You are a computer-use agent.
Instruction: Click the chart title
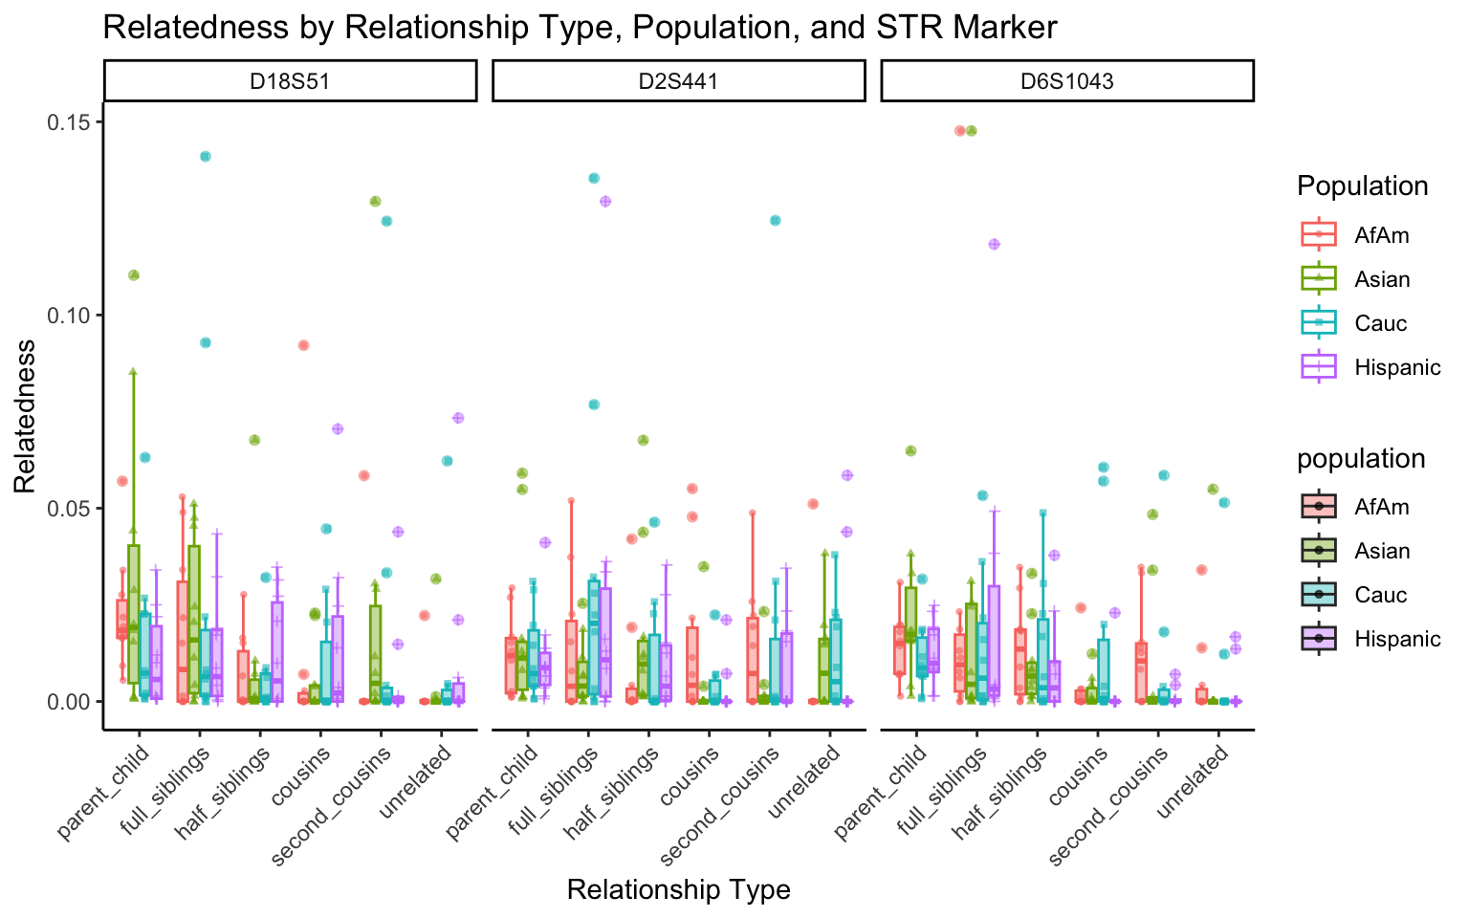[x=580, y=28]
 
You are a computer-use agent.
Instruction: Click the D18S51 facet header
[x=290, y=81]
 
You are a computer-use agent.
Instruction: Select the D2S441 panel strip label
[x=678, y=81]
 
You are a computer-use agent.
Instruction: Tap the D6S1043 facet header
[x=1066, y=81]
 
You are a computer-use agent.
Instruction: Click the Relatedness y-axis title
[x=25, y=416]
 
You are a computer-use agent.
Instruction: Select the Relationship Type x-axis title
[x=678, y=890]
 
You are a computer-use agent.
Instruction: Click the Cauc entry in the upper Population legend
[x=1380, y=323]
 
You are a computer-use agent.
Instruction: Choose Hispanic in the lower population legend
[x=1397, y=639]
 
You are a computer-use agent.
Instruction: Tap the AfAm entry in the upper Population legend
[x=1381, y=235]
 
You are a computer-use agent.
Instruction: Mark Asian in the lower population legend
[x=1382, y=551]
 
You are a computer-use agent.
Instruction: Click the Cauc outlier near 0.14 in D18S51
[x=205, y=156]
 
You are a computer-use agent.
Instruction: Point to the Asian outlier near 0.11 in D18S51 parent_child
[x=134, y=275]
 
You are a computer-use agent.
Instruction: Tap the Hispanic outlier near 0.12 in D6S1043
[x=994, y=244]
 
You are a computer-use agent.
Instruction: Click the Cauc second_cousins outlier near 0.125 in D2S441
[x=775, y=221]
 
